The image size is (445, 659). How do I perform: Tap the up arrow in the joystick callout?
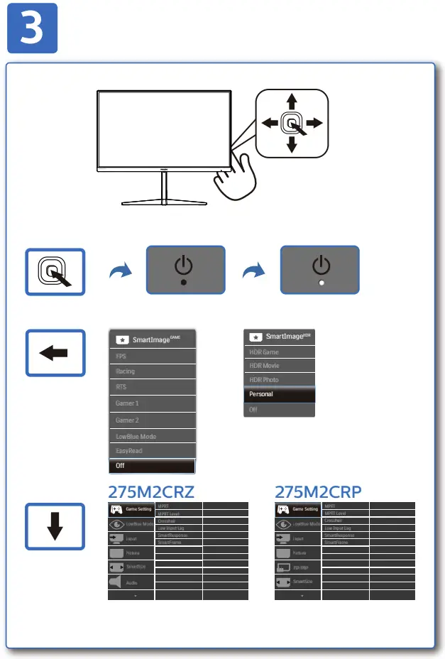pyautogui.click(x=291, y=101)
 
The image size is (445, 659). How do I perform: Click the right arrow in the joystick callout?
pyautogui.click(x=314, y=123)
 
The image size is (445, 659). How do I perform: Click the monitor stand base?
pyautogui.click(x=163, y=200)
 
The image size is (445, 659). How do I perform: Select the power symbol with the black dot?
pyautogui.click(x=185, y=270)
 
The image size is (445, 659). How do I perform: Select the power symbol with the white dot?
pyautogui.click(x=321, y=270)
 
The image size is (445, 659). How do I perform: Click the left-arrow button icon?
pyautogui.click(x=55, y=353)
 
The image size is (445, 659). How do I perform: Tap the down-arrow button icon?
pyautogui.click(x=55, y=525)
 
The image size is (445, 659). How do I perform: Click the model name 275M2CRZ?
pyautogui.click(x=150, y=491)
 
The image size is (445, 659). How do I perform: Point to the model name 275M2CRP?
pyautogui.click(x=319, y=491)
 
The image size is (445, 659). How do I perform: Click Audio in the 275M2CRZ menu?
pyautogui.click(x=131, y=582)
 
